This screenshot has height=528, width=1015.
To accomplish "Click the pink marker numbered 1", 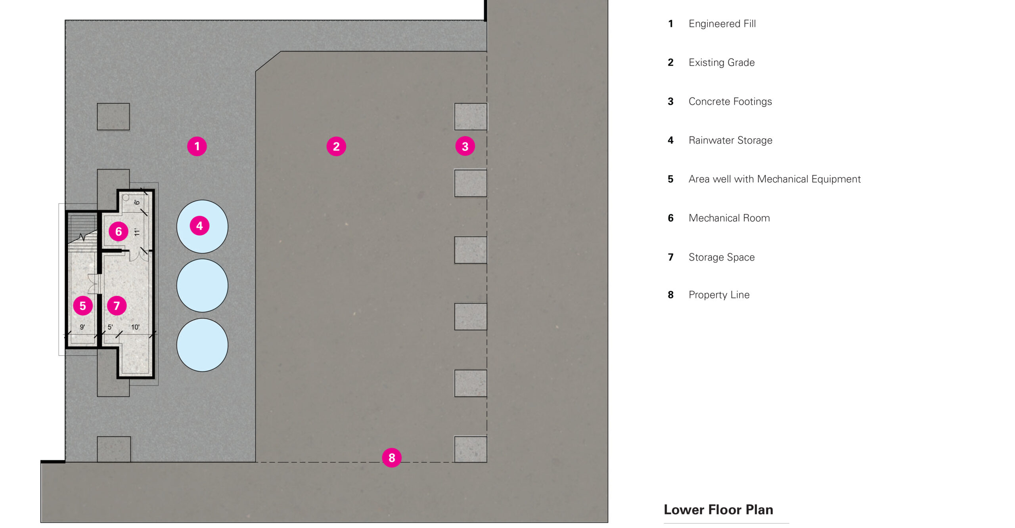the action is tap(197, 147).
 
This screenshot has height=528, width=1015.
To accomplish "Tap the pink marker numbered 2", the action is tap(336, 147).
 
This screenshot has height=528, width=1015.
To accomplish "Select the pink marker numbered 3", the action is tap(465, 147).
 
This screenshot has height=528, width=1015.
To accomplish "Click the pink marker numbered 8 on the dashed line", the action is tap(392, 457).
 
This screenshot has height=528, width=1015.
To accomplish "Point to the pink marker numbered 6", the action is tap(119, 231).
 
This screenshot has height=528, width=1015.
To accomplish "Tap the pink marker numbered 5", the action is tap(83, 306).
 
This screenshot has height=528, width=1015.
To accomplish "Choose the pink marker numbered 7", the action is tap(117, 306).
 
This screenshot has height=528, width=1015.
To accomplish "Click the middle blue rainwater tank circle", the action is tap(202, 286).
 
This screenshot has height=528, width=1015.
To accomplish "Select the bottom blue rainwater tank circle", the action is tap(202, 345).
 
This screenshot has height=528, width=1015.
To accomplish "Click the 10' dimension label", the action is tap(135, 327).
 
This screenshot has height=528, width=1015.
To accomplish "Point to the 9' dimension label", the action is tap(82, 327).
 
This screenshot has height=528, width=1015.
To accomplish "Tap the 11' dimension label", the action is tap(137, 232).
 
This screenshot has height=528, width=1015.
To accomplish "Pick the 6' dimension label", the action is tap(137, 202).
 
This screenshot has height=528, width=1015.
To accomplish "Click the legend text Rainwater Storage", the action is tap(730, 140).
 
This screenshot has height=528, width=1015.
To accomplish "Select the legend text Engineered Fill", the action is tap(722, 24).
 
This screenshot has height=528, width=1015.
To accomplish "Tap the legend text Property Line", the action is tap(719, 295).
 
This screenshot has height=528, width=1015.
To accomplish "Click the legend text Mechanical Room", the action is tap(729, 218).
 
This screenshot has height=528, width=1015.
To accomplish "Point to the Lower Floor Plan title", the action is tap(718, 509).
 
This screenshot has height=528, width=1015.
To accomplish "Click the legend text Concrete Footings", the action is tap(730, 101).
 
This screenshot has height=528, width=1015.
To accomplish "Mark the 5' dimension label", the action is tap(110, 327).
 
